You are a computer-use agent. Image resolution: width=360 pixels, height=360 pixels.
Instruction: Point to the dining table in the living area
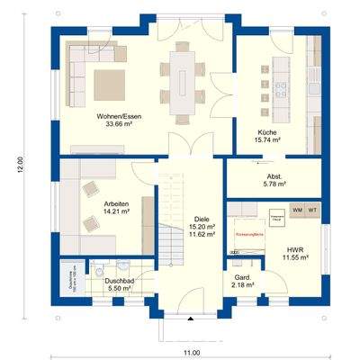coord(183,78)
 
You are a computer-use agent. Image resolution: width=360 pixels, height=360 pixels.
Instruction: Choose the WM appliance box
coord(297,210)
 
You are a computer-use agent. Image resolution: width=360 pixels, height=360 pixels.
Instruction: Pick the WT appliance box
coord(312,210)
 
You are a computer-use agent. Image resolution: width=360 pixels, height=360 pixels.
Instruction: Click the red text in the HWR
coord(248,233)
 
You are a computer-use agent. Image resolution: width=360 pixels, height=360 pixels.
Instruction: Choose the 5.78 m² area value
coord(274,184)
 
